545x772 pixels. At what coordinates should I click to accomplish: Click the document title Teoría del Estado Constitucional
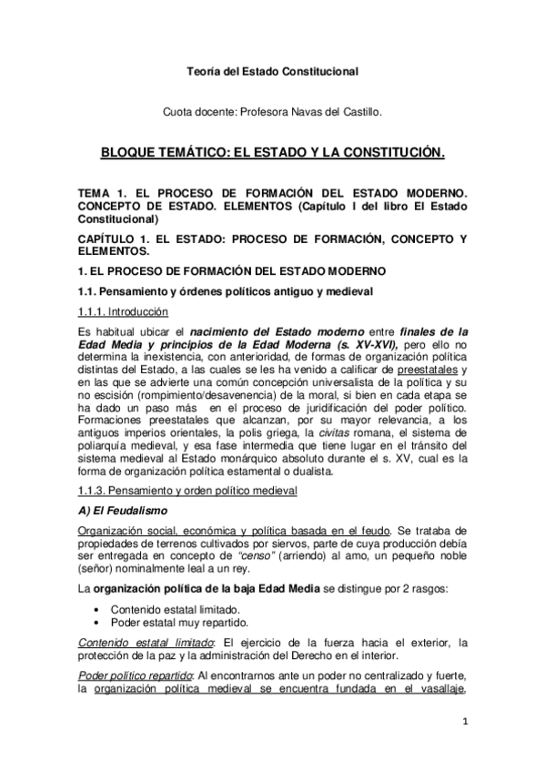coord(272,70)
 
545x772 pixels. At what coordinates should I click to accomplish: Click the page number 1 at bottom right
coord(464,724)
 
